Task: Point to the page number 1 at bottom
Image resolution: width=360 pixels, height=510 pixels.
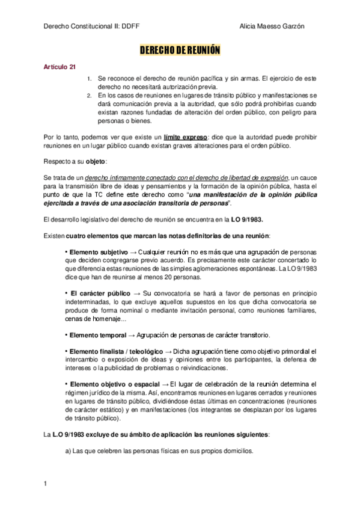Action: pyautogui.click(x=46, y=483)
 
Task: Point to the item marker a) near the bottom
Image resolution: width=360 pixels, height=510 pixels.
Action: pyautogui.click(x=67, y=451)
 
